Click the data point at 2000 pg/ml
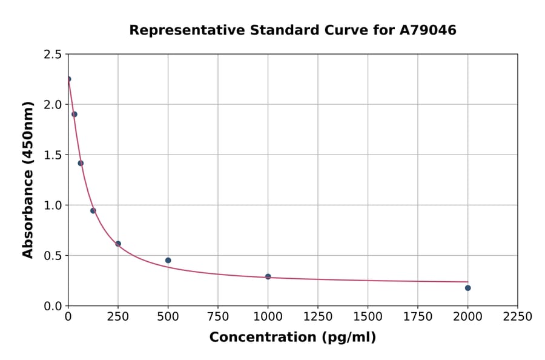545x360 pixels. click(x=467, y=288)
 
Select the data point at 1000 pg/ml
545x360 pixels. click(x=268, y=276)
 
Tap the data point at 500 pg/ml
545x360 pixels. click(x=168, y=261)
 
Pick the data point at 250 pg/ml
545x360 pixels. click(x=118, y=244)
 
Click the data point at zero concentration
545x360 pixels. click(x=68, y=79)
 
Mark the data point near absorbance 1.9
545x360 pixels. click(x=74, y=114)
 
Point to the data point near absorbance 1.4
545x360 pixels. click(x=81, y=163)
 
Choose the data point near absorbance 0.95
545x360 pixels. click(x=93, y=211)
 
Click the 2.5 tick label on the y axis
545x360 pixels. click(x=52, y=55)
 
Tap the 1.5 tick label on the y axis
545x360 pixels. click(x=52, y=155)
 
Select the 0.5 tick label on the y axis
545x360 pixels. click(x=52, y=256)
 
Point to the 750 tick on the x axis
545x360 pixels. click(x=218, y=316)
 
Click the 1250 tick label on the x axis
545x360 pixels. click(x=318, y=316)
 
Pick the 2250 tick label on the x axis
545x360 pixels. click(x=518, y=316)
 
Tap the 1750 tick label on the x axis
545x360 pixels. click(x=418, y=316)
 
